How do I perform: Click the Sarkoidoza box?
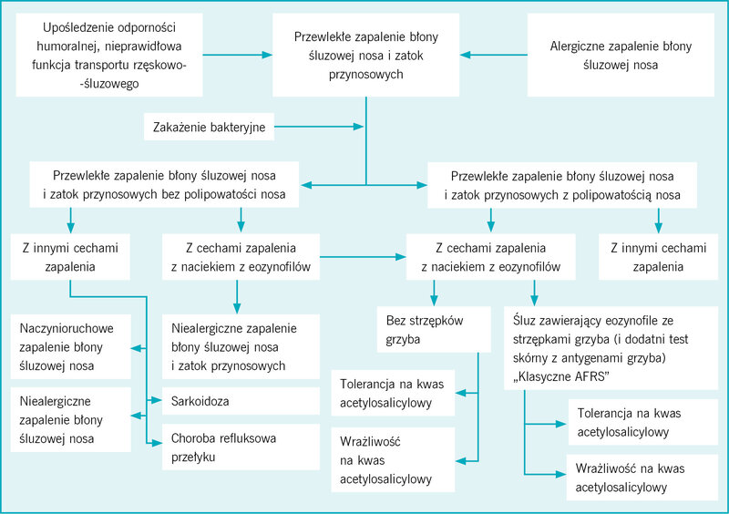click(x=241, y=401)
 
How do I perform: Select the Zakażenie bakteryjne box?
click(x=209, y=127)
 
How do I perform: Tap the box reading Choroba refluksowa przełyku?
click(x=241, y=447)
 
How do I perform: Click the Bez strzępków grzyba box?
click(x=434, y=329)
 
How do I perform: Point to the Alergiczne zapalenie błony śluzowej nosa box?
click(x=621, y=55)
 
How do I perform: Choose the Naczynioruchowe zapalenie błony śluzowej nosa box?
click(x=71, y=346)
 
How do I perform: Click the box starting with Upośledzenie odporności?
click(x=109, y=55)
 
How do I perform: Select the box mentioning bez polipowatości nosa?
click(x=164, y=184)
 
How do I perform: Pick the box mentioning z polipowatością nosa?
click(x=562, y=185)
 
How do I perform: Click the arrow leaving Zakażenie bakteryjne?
click(x=319, y=127)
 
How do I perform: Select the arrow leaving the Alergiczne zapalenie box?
click(x=494, y=55)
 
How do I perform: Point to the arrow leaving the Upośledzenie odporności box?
click(x=238, y=55)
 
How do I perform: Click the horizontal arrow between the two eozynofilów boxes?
click(x=363, y=257)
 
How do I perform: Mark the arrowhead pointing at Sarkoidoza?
click(x=157, y=400)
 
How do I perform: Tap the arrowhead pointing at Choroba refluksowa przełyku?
click(x=157, y=443)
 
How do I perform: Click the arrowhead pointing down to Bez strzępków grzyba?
click(x=434, y=301)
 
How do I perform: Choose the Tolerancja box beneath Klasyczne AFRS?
click(x=643, y=422)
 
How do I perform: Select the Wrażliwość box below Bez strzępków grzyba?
click(x=393, y=460)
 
